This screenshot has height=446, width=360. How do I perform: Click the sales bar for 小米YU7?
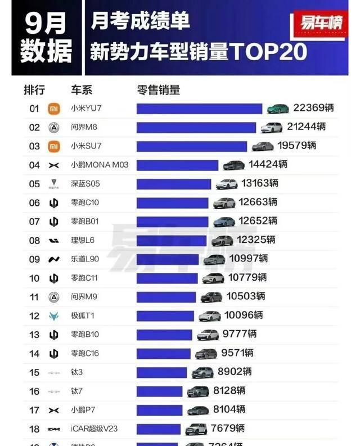click(199, 109)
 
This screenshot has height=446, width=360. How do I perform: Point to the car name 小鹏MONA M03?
click(100, 165)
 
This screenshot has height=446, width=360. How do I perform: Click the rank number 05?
click(34, 184)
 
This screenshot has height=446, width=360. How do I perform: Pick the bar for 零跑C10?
click(172, 202)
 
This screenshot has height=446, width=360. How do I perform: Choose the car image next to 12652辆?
click(224, 222)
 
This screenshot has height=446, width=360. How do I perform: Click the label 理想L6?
click(83, 240)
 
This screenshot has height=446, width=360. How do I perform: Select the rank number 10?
click(34, 278)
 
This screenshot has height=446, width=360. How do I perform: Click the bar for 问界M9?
click(166, 297)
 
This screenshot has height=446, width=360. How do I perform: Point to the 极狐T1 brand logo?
click(53, 316)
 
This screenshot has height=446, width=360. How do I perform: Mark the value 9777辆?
click(240, 334)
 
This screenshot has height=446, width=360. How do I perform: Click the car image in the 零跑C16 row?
click(206, 354)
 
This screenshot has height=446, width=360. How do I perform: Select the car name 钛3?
click(77, 372)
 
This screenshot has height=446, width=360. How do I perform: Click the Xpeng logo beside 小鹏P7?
click(53, 410)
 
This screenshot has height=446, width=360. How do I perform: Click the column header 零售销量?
click(159, 90)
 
